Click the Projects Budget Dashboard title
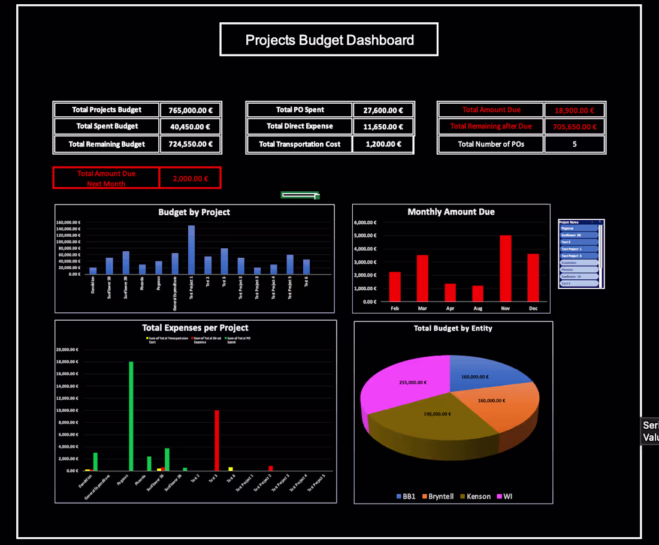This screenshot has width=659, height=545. [x=329, y=40]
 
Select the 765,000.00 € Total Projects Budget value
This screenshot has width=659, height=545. [x=191, y=110]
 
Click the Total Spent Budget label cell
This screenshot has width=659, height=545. [x=107, y=127]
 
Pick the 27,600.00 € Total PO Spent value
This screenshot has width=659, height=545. [x=383, y=110]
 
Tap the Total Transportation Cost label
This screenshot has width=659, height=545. [x=300, y=144]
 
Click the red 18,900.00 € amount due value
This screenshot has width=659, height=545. [x=574, y=110]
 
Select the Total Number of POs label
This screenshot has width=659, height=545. [x=491, y=144]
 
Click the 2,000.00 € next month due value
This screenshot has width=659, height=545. [x=190, y=178]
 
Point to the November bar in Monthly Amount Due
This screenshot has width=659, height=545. [x=506, y=268]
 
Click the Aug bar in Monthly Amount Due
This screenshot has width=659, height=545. [x=477, y=293]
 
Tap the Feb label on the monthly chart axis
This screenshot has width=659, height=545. [x=395, y=308]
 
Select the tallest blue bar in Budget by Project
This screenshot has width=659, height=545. [x=191, y=249]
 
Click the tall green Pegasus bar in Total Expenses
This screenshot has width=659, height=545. [x=131, y=416]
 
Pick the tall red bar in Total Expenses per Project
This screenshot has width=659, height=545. [x=216, y=440]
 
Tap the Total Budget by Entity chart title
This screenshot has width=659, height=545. [x=452, y=328]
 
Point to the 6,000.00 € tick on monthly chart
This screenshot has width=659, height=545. [x=365, y=222]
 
